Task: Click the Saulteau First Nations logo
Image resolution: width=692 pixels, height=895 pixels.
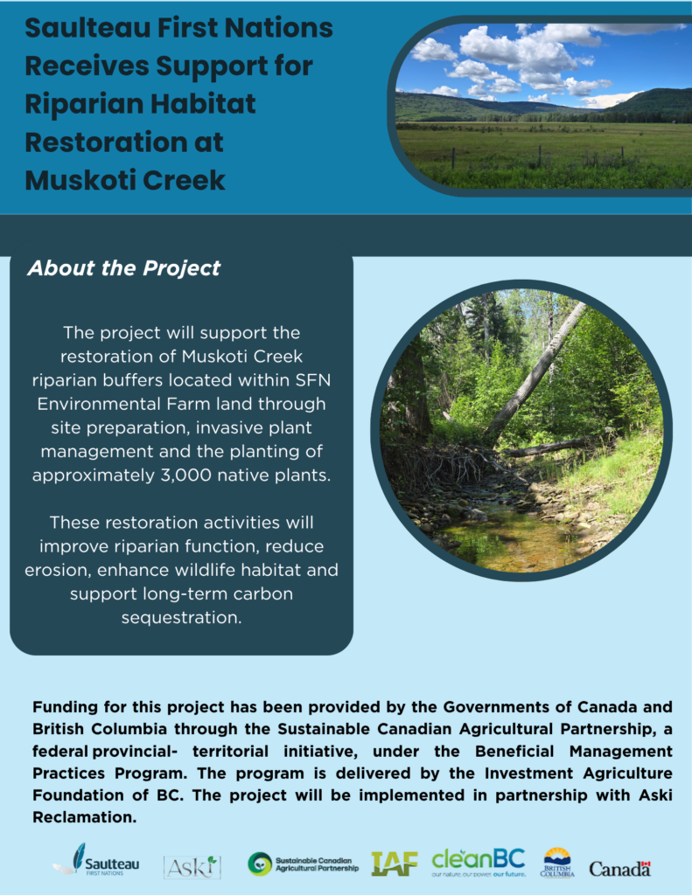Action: tap(96, 860)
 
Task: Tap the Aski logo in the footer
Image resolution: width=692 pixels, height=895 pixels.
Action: tap(192, 867)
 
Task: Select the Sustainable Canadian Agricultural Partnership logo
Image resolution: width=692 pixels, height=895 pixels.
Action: tap(303, 864)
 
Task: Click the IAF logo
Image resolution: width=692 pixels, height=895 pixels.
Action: tap(395, 864)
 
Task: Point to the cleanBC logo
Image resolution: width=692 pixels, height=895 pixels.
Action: tap(479, 862)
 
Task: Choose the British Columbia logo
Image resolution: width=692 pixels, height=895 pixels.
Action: tap(557, 863)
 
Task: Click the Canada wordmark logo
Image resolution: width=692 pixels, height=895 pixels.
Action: tap(620, 869)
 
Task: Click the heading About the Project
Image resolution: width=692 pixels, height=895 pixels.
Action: tap(124, 267)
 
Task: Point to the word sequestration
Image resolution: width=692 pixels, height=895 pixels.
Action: tap(181, 618)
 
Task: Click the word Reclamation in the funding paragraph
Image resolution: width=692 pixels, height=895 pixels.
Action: tap(85, 817)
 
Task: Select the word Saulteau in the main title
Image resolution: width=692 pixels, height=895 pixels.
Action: tap(87, 28)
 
